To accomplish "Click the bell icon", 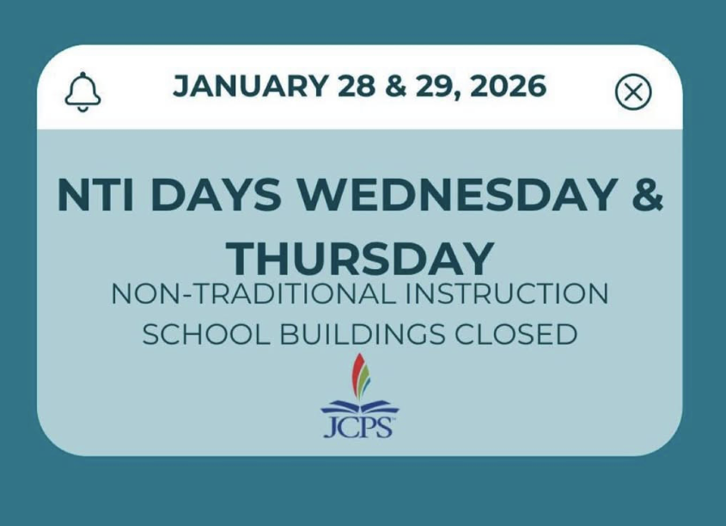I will [x=82, y=91].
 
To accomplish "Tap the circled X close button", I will [x=633, y=92].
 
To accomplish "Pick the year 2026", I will [x=510, y=86].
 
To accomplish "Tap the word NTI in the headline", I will [x=89, y=196].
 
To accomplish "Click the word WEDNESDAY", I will [x=449, y=196].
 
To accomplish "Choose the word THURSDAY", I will [x=361, y=258].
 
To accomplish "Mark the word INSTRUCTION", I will [x=503, y=294].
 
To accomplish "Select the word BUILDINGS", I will [x=360, y=333].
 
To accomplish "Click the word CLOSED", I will [x=517, y=333].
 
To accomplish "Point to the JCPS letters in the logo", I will [x=357, y=427].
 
